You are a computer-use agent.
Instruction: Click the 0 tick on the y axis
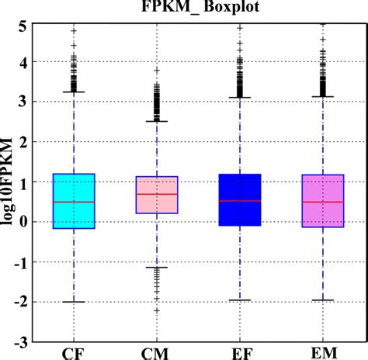click(24, 222)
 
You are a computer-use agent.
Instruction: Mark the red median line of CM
click(157, 194)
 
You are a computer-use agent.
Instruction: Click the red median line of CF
click(73, 202)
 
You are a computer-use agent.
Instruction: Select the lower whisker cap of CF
click(73, 301)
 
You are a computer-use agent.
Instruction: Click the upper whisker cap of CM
click(157, 121)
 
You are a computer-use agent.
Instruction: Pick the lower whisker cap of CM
click(157, 267)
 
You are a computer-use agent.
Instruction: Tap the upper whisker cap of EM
click(322, 97)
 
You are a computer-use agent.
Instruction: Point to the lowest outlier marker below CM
click(157, 310)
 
